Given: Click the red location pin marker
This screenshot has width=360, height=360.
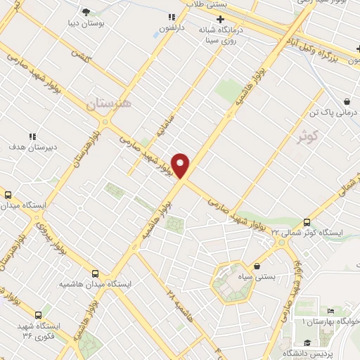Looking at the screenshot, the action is click(x=181, y=165).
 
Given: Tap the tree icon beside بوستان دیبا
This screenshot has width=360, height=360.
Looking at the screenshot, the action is click(x=86, y=12).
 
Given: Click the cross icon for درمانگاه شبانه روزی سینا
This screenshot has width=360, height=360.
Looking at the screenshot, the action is click(x=220, y=20).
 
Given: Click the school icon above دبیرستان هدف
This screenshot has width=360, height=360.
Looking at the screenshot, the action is click(x=32, y=136).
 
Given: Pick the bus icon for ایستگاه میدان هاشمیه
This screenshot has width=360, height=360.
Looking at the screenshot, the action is click(x=96, y=274).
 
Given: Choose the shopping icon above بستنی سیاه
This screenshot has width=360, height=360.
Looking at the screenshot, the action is click(x=257, y=266).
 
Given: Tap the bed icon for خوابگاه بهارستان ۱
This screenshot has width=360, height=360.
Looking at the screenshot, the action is click(x=331, y=311).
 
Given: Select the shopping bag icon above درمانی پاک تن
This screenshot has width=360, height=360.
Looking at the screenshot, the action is click(x=347, y=101).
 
